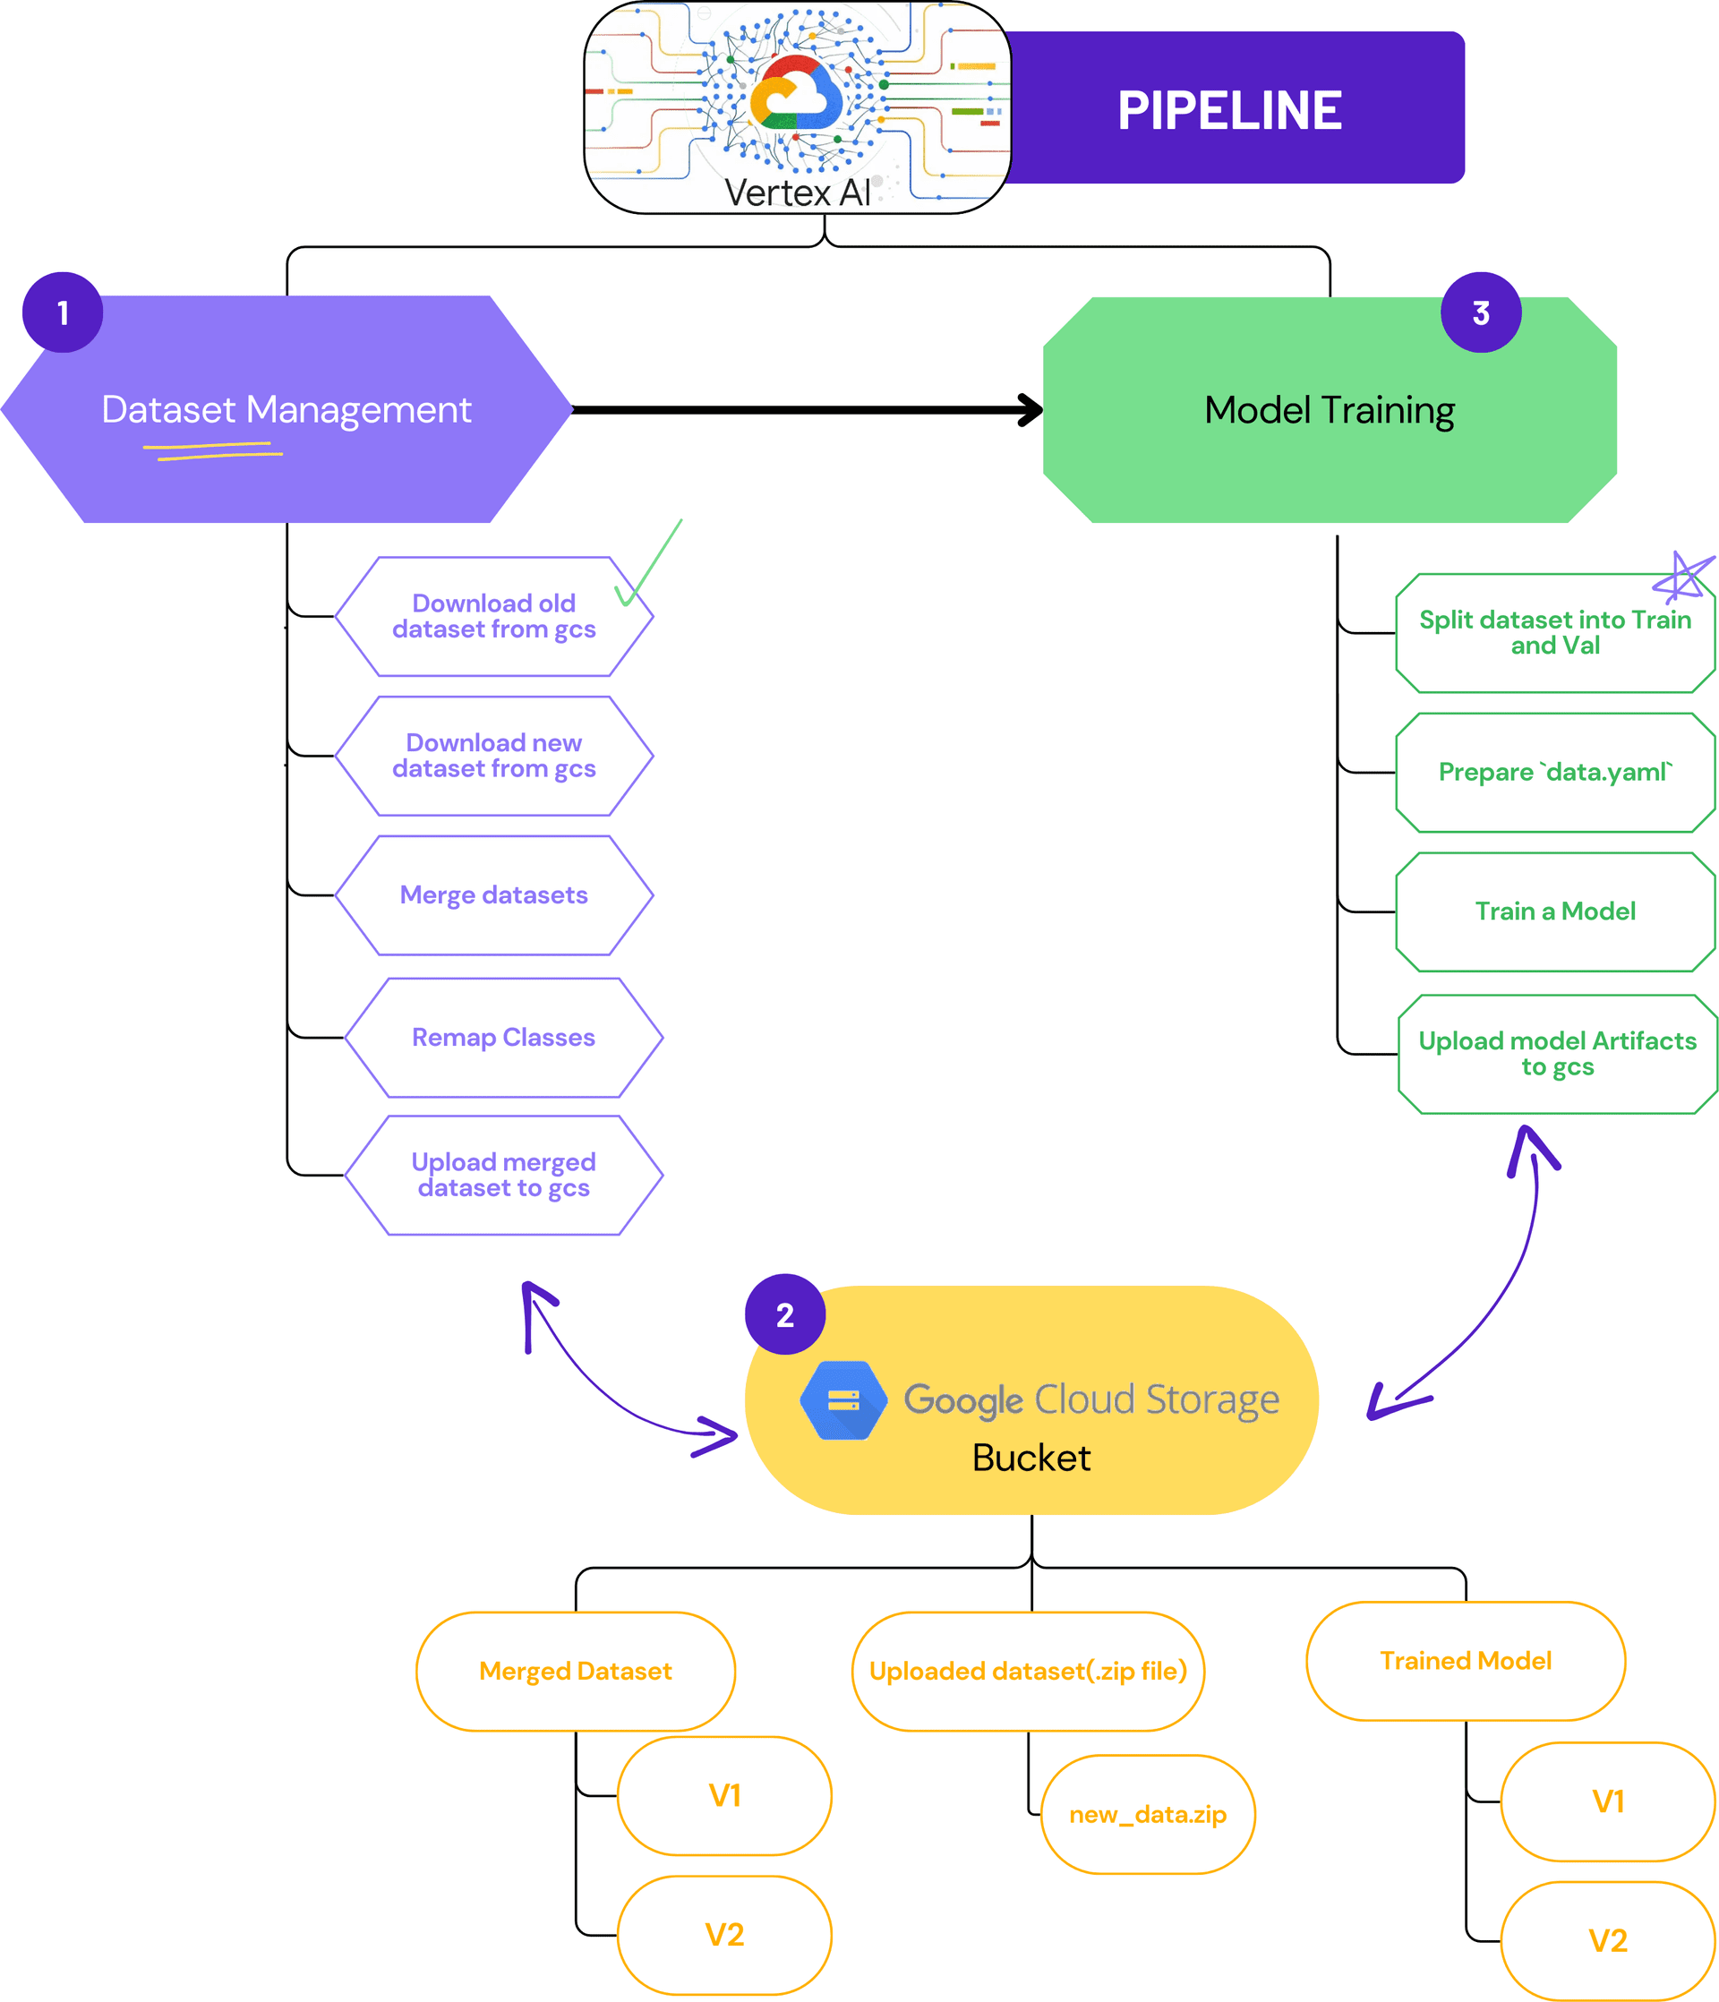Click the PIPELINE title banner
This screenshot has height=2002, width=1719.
(1229, 109)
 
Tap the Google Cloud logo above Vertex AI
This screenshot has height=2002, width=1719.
(796, 94)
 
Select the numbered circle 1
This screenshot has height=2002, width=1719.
(63, 313)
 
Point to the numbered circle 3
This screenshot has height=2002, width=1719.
(1480, 313)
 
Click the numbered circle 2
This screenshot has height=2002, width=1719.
(784, 1315)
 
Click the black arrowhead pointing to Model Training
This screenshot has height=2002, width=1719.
(1030, 410)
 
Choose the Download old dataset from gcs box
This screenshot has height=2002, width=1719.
(494, 616)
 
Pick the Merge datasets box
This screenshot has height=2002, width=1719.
(494, 895)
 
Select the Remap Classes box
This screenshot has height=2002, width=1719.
(503, 1038)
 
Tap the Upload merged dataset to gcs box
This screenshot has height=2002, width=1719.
(503, 1175)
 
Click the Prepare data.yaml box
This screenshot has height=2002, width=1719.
(1555, 773)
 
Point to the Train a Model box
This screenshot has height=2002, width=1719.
(1555, 912)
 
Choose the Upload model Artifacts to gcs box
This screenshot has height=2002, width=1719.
(1558, 1054)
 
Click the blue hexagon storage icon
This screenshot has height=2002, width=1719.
(843, 1400)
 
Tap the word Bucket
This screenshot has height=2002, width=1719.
(1031, 1458)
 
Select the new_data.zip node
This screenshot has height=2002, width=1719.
(1148, 1815)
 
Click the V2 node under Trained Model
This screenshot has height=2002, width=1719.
(1608, 1940)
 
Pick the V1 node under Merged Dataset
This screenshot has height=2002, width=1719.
(724, 1796)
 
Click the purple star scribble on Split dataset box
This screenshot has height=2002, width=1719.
(1682, 577)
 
